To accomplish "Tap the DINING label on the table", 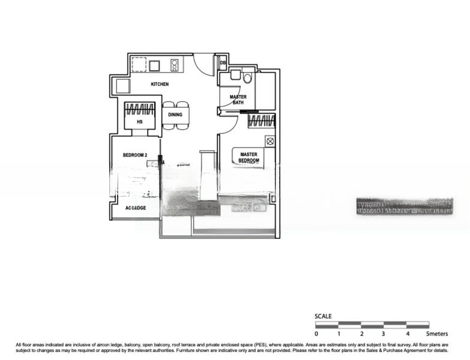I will [175, 115].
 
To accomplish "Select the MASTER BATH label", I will [238, 99].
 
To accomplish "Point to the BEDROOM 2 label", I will [135, 155].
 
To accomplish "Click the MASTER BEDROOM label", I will [249, 157].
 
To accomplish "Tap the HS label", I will [139, 122].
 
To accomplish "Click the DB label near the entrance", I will [223, 62].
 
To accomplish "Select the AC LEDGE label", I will [136, 208].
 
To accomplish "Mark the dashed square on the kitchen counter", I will [139, 64].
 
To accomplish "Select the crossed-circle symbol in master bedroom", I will [270, 142].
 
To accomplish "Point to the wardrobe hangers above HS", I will [139, 110].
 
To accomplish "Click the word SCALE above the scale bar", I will [323, 316].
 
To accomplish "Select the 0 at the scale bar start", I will [316, 333].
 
